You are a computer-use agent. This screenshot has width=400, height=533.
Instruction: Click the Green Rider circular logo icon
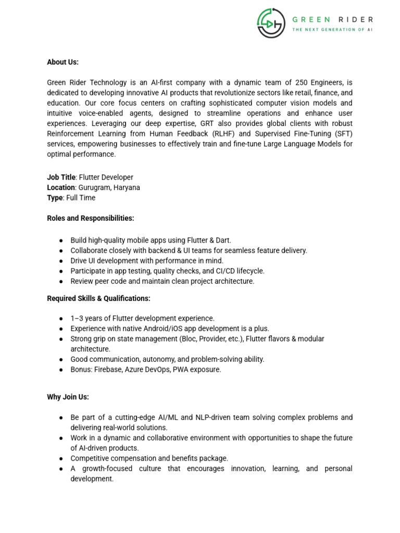pyautogui.click(x=270, y=23)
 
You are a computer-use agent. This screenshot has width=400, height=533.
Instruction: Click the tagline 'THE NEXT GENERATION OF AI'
pyautogui.click(x=332, y=30)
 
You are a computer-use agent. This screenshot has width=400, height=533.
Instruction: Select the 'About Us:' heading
pyautogui.click(x=63, y=62)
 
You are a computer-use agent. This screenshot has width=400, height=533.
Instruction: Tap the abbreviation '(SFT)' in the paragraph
pyautogui.click(x=342, y=134)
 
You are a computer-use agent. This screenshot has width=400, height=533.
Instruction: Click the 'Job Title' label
pyautogui.click(x=61, y=177)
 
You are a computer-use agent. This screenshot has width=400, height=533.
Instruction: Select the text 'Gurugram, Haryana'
pyautogui.click(x=109, y=187)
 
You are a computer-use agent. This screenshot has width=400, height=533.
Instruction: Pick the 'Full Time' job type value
pyautogui.click(x=81, y=198)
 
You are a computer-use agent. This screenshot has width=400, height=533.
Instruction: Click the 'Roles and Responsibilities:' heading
pyautogui.click(x=91, y=219)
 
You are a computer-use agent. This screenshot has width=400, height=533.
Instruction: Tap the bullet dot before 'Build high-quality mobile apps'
pyautogui.click(x=61, y=240)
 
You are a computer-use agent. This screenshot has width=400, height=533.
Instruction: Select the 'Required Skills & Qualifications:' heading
pyautogui.click(x=98, y=299)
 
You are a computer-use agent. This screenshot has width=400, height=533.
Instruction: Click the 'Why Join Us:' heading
pyautogui.click(x=68, y=397)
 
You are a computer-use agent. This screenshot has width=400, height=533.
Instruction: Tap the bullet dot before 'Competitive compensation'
pyautogui.click(x=61, y=459)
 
